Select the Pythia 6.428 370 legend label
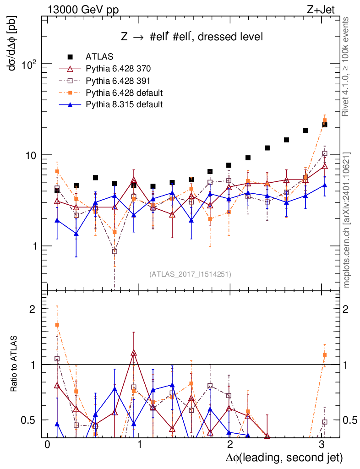click(118, 69)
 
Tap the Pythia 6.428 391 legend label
click(118, 81)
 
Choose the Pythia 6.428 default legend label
click(124, 93)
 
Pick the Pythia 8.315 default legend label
click(124, 104)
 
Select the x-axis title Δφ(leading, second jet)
click(284, 457)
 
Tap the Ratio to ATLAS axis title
click(14, 364)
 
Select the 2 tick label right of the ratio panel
click(350, 309)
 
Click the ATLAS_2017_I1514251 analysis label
click(190, 274)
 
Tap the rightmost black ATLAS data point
click(325, 125)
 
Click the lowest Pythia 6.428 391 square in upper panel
click(115, 251)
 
